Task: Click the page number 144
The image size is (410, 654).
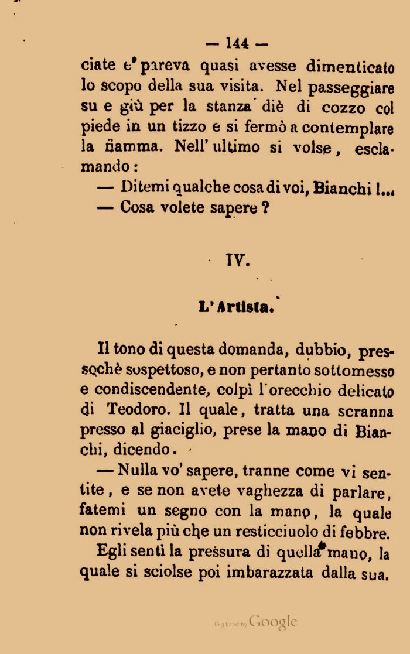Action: pos(237,43)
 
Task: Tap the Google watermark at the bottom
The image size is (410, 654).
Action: pos(273,622)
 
